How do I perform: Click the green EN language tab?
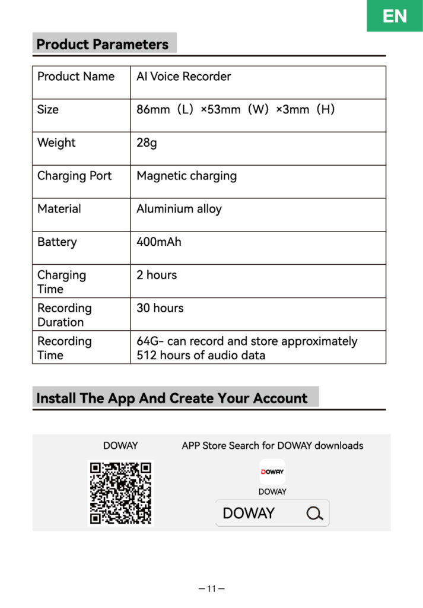pos(395,15)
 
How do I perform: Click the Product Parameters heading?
pos(103,45)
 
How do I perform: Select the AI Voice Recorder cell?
pos(183,77)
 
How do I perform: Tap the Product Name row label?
pos(76,77)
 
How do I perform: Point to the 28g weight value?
pos(147,142)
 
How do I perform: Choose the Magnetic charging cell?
pos(186,176)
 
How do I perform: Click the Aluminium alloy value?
pos(179,209)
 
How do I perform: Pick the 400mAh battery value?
pos(159,242)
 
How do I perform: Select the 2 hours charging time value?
pos(157,275)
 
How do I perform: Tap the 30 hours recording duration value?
pos(160,308)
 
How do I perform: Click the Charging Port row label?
pos(74,176)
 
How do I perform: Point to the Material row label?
pos(59,209)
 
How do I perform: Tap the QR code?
pos(120,493)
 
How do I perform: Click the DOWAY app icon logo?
pos(272,471)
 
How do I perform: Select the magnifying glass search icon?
pos(315,513)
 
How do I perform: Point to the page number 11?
pos(211,589)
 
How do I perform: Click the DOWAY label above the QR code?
pos(120,445)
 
